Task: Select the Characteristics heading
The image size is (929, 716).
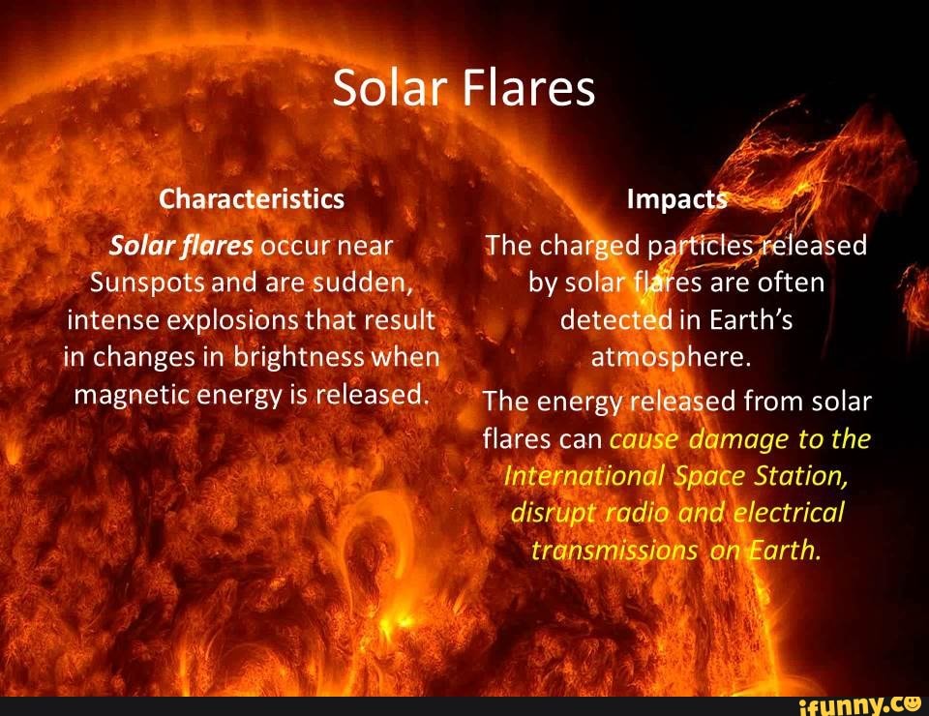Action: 252,199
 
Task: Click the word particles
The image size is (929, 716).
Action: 709,246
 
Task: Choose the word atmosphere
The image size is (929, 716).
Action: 671,358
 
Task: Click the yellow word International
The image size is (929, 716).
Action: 584,476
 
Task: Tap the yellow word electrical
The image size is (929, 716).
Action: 789,513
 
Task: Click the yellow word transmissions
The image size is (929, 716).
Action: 614,550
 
